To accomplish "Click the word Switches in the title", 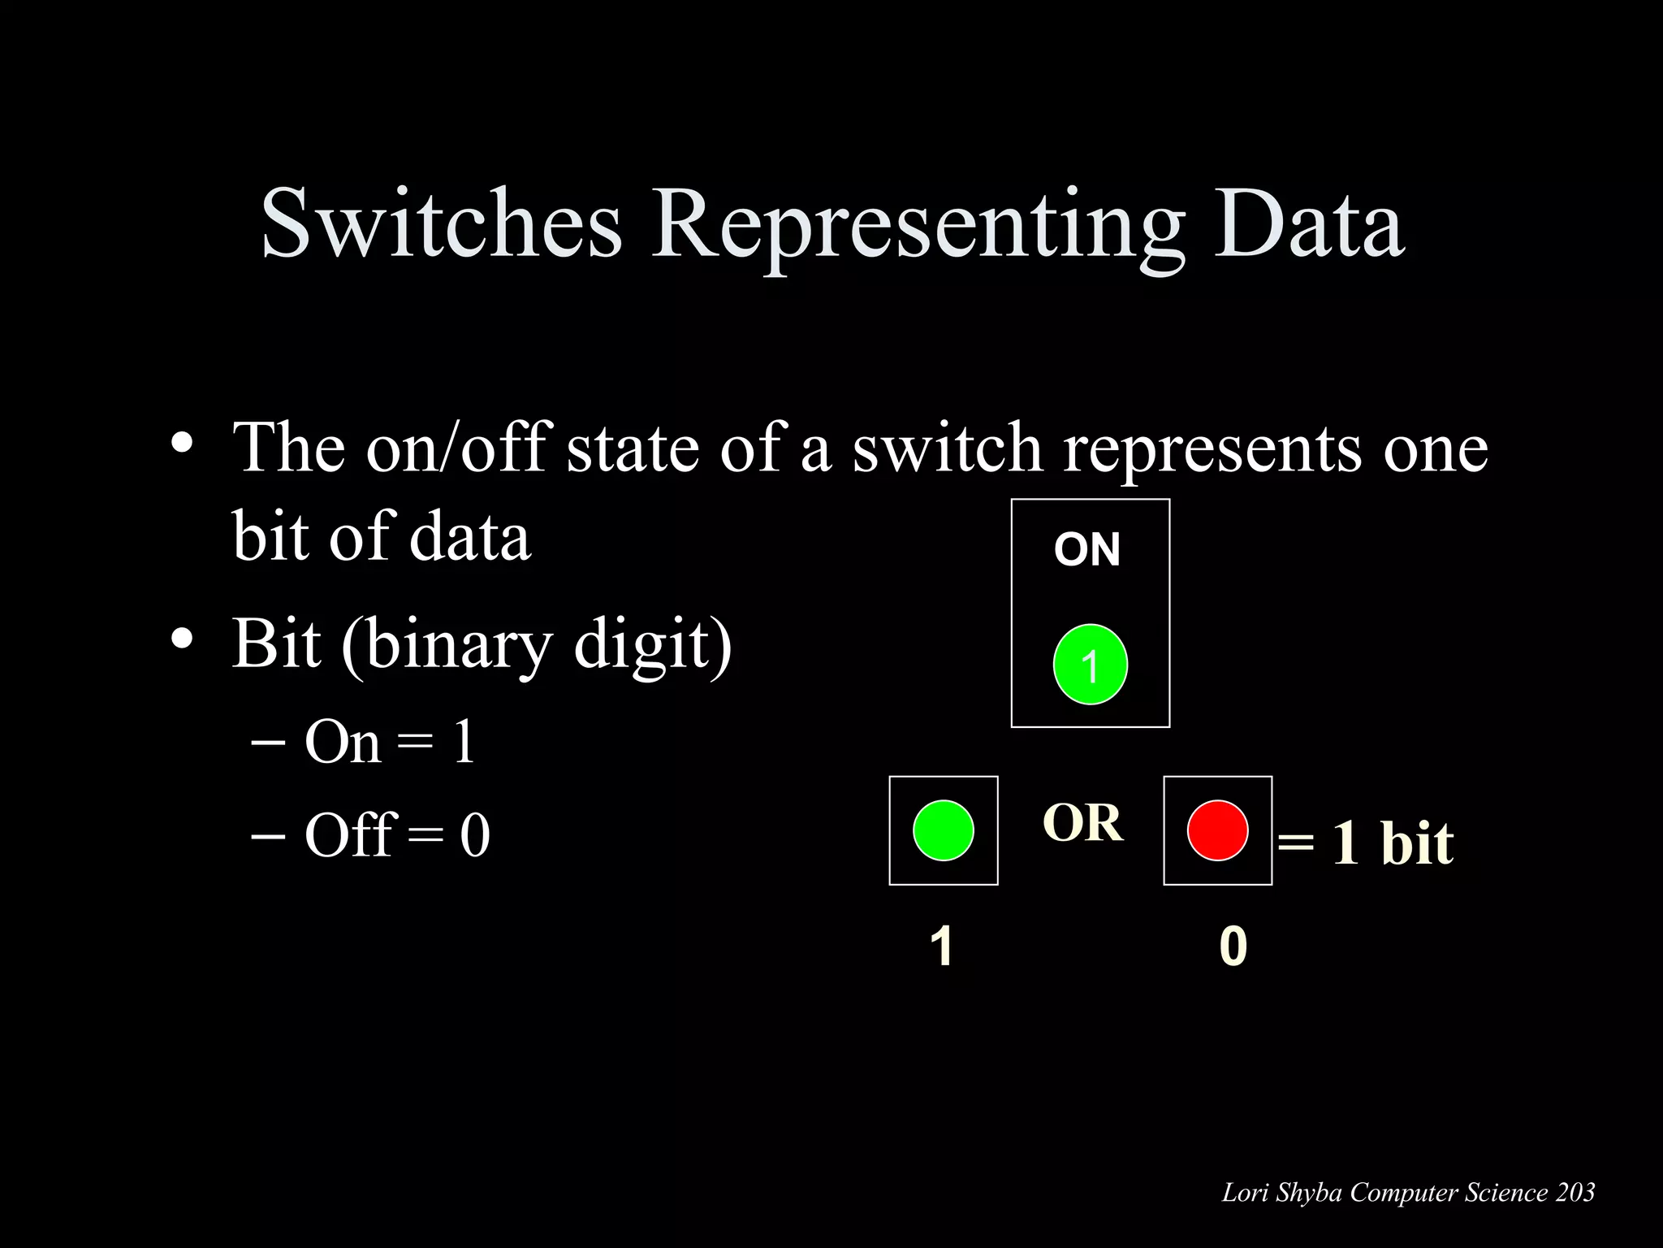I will pos(442,223).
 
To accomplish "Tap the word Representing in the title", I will pos(917,225).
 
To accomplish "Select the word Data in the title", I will pos(1308,223).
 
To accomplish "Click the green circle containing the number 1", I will pos(1090,665).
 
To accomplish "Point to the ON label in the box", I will pos(1087,549).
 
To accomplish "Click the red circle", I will pos(1217,830).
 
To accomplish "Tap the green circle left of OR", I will pos(943,830).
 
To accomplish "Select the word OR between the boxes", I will pos(1082,822).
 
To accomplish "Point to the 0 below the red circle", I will pos(1233,946).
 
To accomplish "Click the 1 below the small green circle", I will pos(941,946).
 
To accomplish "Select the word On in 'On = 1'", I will pos(342,741).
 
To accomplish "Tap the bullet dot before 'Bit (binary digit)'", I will pos(182,639).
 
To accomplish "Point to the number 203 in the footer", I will pos(1575,1192).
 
